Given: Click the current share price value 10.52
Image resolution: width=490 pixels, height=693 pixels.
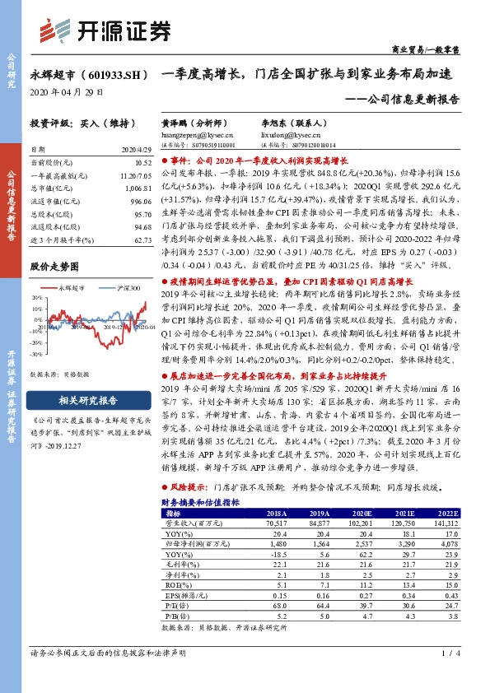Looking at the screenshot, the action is tap(142, 163).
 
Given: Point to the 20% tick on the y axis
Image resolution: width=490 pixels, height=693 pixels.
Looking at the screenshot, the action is tap(36, 300).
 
